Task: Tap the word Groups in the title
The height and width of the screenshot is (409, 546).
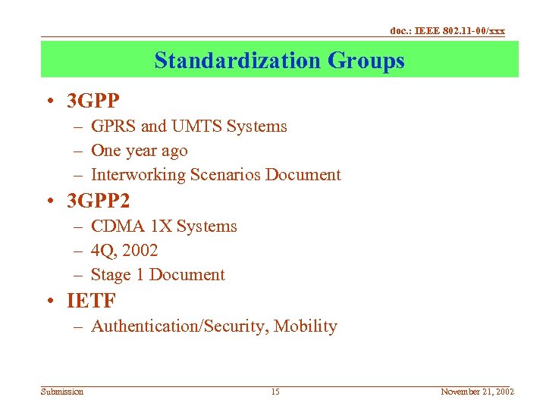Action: click(367, 60)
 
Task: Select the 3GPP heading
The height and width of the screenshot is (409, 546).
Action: click(93, 101)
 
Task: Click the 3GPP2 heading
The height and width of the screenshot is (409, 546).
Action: click(99, 201)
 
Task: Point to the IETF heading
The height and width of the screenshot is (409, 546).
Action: click(91, 301)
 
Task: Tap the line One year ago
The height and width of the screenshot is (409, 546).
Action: click(139, 151)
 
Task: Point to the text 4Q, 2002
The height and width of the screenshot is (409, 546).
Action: click(124, 251)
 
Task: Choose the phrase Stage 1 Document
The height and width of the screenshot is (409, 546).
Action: click(158, 275)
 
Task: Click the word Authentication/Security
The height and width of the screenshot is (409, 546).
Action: click(180, 326)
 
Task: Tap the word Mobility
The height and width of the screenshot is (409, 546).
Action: click(306, 326)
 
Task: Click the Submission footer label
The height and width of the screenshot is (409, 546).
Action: click(62, 392)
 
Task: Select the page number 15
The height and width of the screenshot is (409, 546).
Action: click(275, 392)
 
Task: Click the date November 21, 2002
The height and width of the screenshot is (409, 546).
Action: click(477, 392)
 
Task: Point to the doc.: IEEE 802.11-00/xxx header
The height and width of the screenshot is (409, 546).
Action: click(447, 31)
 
